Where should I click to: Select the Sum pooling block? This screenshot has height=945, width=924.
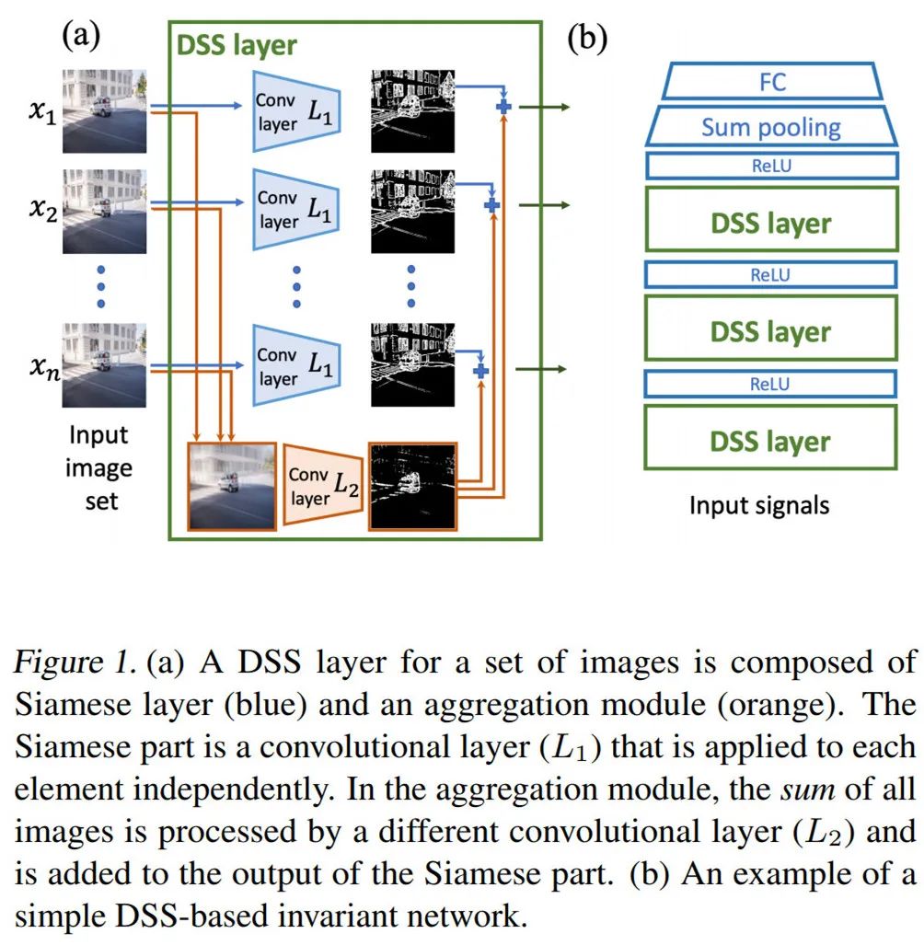(770, 126)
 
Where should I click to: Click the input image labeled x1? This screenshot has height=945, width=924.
(104, 110)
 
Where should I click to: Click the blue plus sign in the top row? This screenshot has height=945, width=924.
(502, 109)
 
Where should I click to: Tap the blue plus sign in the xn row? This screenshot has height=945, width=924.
(479, 371)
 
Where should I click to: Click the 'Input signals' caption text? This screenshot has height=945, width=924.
(759, 505)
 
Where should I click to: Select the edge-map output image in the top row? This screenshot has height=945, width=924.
(411, 110)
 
